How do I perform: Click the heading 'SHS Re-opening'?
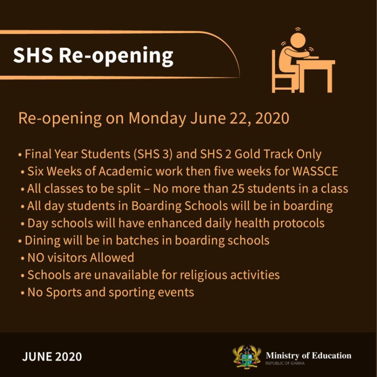[93, 56]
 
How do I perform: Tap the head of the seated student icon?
[298, 40]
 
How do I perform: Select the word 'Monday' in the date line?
[157, 119]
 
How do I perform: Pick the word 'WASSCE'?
[315, 171]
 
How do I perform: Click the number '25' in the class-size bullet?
[238, 188]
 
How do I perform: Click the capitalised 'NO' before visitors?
[36, 257]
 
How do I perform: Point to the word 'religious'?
[203, 275]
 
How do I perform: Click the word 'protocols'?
[298, 223]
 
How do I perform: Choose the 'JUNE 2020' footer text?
[52, 356]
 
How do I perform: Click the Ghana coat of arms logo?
[247, 357]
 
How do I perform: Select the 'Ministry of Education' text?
[309, 356]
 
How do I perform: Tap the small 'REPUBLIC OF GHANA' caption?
[285, 363]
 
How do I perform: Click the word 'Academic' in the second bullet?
[125, 171]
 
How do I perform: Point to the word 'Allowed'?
[112, 257]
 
